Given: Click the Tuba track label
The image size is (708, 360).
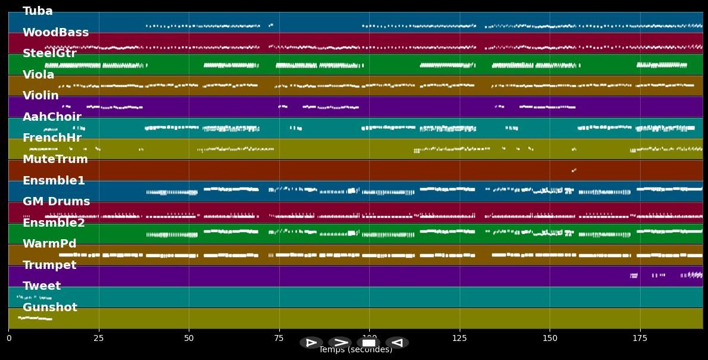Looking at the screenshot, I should pyautogui.click(x=38, y=11).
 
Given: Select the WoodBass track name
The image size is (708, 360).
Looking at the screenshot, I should pyautogui.click(x=55, y=33).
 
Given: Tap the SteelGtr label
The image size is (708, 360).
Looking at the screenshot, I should pyautogui.click(x=49, y=54).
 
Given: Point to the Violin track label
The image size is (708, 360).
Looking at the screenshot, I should pyautogui.click(x=40, y=96).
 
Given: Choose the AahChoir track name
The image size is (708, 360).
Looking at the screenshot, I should pyautogui.click(x=52, y=117).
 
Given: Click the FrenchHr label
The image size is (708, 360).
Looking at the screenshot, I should pyautogui.click(x=52, y=138).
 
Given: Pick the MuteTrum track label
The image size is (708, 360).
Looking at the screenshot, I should pyautogui.click(x=55, y=159).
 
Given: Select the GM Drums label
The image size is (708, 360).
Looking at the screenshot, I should pyautogui.click(x=56, y=202).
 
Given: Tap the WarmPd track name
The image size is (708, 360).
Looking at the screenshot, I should pyautogui.click(x=49, y=244).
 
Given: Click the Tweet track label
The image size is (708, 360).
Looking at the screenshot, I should pyautogui.click(x=42, y=286).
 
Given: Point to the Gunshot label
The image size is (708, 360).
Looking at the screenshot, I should pyautogui.click(x=50, y=308).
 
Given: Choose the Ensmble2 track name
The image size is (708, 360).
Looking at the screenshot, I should pyautogui.click(x=54, y=223).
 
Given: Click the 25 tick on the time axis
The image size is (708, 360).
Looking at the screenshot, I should pyautogui.click(x=99, y=339).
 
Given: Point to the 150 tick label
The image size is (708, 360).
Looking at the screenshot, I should pyautogui.click(x=550, y=339).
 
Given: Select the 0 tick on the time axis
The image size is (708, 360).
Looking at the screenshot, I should pyautogui.click(x=9, y=339).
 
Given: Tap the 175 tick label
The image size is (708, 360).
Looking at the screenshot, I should pyautogui.click(x=640, y=339).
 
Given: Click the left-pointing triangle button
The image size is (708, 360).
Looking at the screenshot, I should pyautogui.click(x=397, y=343).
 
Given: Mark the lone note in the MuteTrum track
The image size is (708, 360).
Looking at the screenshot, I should pyautogui.click(x=574, y=170).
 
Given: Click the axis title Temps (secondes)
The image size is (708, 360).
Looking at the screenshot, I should pyautogui.click(x=355, y=350).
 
